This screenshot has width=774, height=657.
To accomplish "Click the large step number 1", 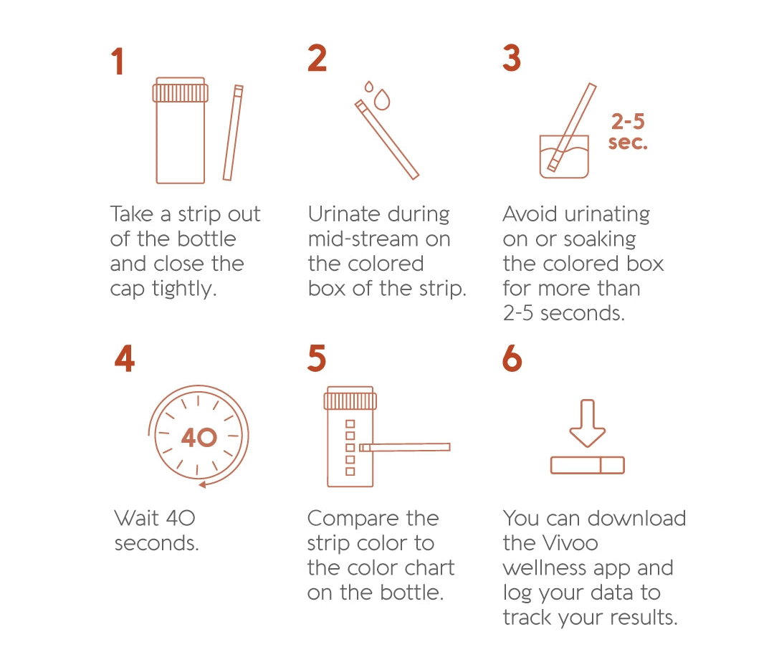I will [x=118, y=62].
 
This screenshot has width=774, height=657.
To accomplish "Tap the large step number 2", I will [x=317, y=58].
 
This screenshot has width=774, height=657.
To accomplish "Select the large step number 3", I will [x=512, y=58].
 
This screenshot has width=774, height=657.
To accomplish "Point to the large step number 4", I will [x=124, y=358].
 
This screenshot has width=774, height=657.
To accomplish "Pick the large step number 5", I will [x=316, y=358].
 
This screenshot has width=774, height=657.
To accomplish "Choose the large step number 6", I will [x=512, y=358].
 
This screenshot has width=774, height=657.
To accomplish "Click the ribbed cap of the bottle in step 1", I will [x=181, y=92].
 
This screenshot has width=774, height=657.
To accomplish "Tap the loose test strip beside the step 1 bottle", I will [x=233, y=133].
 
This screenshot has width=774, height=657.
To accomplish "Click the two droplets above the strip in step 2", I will [x=378, y=96].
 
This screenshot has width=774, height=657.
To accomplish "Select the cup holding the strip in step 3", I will [x=564, y=156].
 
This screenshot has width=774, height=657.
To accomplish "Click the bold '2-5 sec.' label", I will [x=628, y=131].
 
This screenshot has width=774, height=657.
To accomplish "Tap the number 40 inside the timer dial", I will [x=199, y=436].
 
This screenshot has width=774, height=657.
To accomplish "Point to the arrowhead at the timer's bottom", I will [x=204, y=484].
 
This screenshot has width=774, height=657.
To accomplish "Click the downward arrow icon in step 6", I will [x=588, y=423].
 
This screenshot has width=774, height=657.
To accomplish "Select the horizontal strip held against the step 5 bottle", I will [x=405, y=447].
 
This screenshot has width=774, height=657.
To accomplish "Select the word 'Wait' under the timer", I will [x=135, y=518].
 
